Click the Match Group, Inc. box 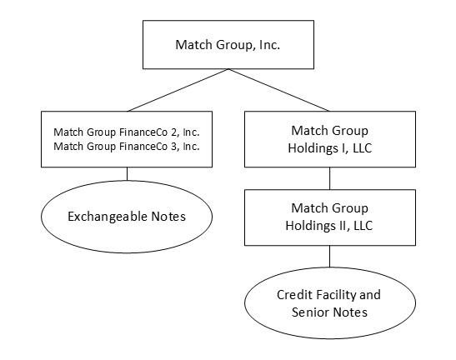(x=227, y=44)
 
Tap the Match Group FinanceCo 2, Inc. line (x=127, y=132)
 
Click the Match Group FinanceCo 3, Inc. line (x=127, y=147)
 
